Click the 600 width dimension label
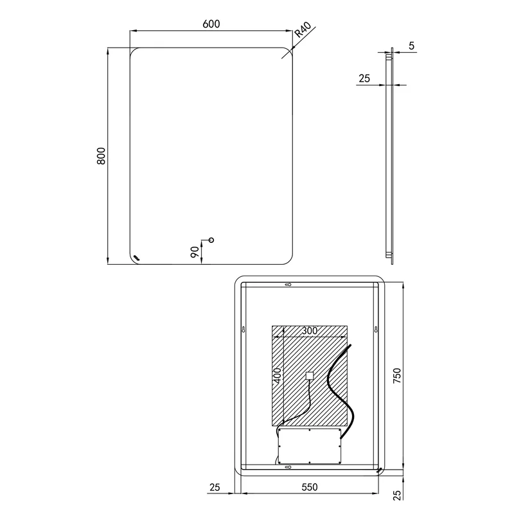[211, 24]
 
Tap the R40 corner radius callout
[303, 30]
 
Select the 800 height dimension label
[102, 156]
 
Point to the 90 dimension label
[195, 252]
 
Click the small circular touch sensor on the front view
[211, 240]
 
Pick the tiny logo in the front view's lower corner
[136, 258]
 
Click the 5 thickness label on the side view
[411, 46]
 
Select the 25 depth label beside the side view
[364, 78]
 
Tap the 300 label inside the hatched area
[310, 331]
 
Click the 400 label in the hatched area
[278, 376]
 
